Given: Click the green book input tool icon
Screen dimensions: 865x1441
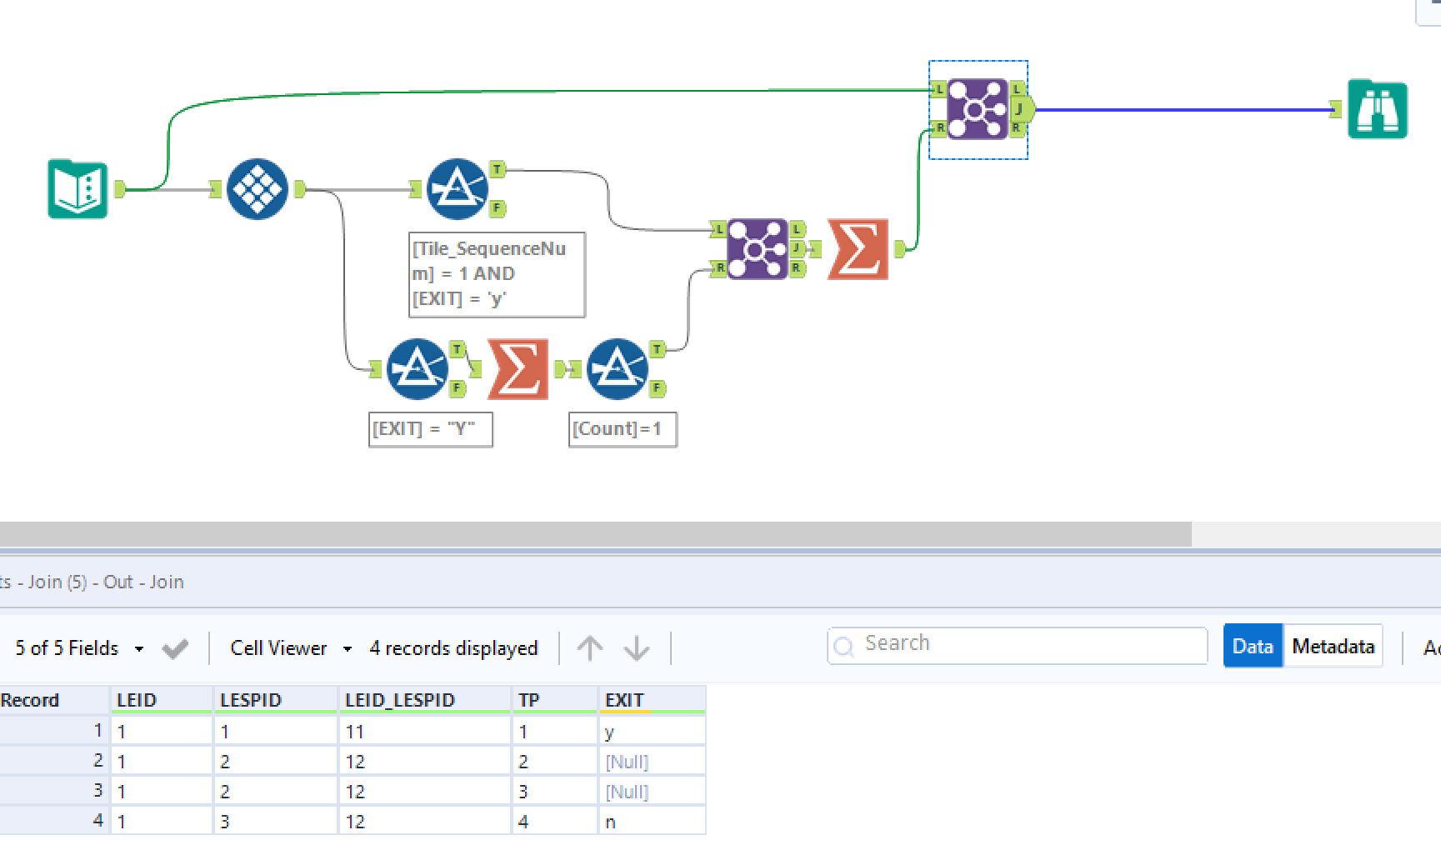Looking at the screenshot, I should pos(78,189).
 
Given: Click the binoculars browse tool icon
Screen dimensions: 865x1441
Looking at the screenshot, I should pos(1377,109).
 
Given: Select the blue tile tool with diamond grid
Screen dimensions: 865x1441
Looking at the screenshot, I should pos(257,189).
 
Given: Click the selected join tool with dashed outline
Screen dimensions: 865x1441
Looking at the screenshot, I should pos(977,109).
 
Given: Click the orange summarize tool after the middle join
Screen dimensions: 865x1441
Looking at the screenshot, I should pos(858,249).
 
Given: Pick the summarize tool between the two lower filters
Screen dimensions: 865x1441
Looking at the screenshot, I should pos(518,368).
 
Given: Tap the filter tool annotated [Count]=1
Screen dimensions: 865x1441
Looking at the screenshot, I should pos(617,368).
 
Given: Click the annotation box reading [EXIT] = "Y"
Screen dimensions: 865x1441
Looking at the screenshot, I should pos(430,429).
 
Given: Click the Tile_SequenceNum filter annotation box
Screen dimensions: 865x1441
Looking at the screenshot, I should pos(497,274).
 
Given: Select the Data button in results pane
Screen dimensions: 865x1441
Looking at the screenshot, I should pos(1253,647).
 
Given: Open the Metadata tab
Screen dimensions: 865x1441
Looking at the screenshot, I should pos(1333,647).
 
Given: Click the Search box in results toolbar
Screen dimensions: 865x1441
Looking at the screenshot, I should pos(1017,645).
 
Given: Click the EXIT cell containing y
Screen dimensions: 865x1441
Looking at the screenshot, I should pos(650,732).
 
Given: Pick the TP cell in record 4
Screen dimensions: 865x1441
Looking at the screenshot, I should pos(553,822).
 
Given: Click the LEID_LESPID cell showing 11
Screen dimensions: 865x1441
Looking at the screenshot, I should pos(423,732).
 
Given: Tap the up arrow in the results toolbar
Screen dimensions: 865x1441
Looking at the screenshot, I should pos(590,647).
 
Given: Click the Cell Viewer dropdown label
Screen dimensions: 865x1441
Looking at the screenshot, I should pos(279,648).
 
